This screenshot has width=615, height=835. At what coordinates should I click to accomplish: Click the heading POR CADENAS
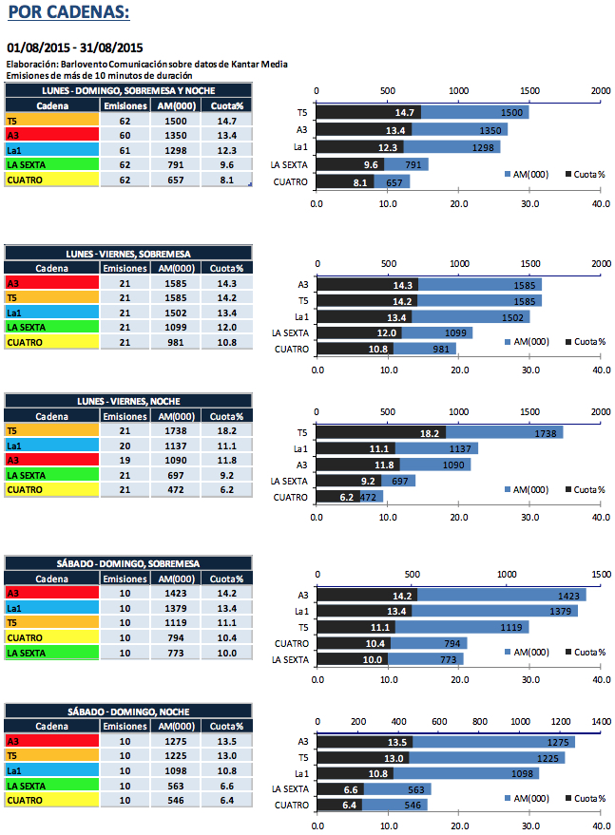click(68, 12)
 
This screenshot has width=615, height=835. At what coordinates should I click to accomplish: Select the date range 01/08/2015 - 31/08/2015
click(74, 47)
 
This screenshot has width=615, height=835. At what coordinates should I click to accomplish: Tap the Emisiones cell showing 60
click(125, 136)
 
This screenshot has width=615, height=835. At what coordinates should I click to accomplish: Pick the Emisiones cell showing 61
click(125, 150)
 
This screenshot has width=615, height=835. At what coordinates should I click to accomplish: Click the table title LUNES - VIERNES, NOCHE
click(128, 402)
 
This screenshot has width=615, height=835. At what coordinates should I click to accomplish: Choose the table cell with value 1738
click(176, 431)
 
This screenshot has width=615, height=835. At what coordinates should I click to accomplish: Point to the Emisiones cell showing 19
click(125, 460)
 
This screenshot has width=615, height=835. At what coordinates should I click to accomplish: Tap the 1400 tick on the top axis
click(601, 722)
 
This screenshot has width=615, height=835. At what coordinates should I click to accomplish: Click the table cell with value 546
click(176, 800)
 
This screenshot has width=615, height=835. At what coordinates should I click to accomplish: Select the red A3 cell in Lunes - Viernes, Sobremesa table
click(51, 283)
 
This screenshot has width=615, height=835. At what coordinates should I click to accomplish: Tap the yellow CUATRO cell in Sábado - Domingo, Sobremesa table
click(51, 637)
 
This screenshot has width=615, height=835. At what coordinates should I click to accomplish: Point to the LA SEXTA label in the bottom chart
click(290, 788)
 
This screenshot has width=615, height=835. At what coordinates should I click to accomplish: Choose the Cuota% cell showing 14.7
click(226, 122)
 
